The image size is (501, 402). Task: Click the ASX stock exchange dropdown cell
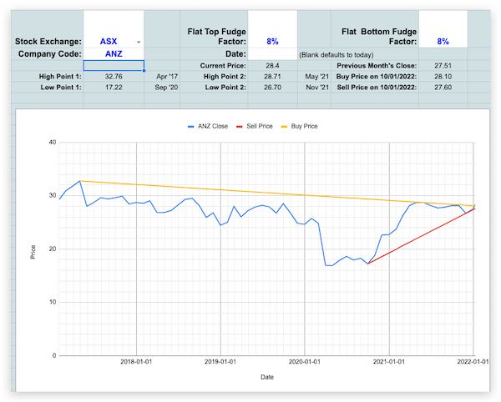point(114,41)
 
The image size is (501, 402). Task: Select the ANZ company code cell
point(114,53)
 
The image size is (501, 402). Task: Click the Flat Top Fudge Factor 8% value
point(272,41)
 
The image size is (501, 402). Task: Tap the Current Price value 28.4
point(271,65)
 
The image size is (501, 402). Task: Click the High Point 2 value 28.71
point(271,75)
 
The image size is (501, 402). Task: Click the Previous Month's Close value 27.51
point(443,65)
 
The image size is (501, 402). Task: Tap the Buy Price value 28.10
point(443,75)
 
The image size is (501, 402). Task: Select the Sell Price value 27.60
point(443,86)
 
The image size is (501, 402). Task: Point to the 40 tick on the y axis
point(51,143)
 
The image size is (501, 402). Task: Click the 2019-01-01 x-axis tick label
point(220,362)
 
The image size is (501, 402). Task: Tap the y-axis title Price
point(33,249)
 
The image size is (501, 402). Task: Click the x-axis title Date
point(266,377)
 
